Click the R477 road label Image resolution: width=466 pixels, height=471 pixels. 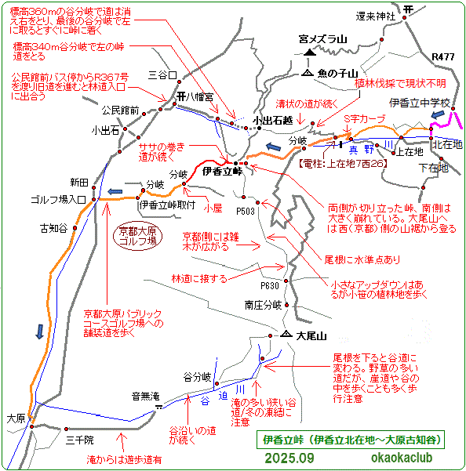[x=443, y=56]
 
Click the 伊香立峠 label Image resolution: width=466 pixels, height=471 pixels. [x=214, y=171]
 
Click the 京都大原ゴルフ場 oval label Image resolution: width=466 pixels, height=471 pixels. [x=137, y=237]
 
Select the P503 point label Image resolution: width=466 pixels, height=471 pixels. [x=246, y=211]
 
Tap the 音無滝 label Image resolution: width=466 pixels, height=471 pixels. [x=146, y=395]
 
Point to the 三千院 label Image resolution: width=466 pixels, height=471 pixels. [x=79, y=440]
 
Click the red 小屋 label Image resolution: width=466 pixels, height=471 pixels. [x=213, y=208]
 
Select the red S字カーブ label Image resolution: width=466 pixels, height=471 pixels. [x=366, y=118]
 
